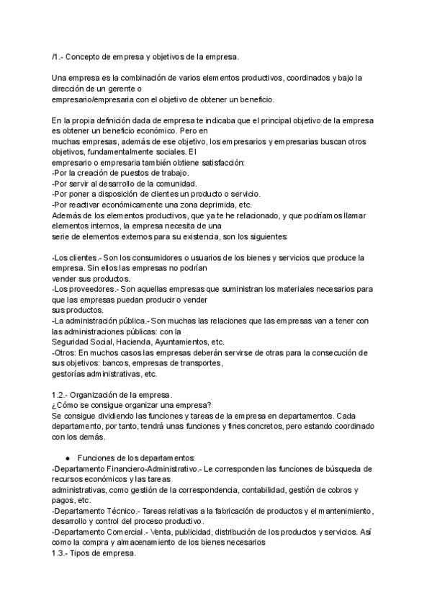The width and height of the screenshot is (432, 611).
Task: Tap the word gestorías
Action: click(x=71, y=374)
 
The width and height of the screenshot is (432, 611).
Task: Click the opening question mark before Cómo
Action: click(x=55, y=406)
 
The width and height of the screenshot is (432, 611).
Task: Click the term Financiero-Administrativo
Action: click(x=149, y=468)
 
